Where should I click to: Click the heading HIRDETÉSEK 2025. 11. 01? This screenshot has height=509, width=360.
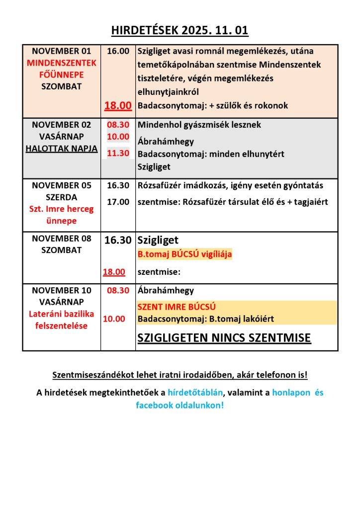[x=180, y=31]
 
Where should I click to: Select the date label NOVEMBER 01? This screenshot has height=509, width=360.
[x=62, y=51]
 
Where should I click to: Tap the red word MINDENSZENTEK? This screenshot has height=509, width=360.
[x=62, y=63]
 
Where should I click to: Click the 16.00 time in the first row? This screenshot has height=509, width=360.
[x=118, y=51]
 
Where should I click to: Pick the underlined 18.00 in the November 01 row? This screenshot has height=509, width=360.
[x=118, y=105]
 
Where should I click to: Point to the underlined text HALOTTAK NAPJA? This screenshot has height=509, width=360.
[x=62, y=149]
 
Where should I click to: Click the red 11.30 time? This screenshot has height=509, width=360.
[x=118, y=153]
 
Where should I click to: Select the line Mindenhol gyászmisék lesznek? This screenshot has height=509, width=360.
[x=199, y=125]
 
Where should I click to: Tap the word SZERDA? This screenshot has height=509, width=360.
[x=62, y=197]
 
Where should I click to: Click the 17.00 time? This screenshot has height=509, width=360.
[x=118, y=202]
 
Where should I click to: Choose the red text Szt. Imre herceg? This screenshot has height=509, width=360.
[x=62, y=209]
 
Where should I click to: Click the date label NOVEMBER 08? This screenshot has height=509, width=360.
[x=62, y=239]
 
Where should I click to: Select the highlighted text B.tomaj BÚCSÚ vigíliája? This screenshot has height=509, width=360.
[x=184, y=254]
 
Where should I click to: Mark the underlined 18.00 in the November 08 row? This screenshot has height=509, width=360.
[x=114, y=272]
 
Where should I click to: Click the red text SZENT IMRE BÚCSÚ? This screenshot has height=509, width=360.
[x=177, y=307]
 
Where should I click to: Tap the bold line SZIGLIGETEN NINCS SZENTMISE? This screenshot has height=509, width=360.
[x=224, y=339]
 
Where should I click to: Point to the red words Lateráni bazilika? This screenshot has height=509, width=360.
[x=62, y=314]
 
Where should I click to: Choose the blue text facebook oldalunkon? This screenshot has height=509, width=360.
[x=180, y=405]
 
